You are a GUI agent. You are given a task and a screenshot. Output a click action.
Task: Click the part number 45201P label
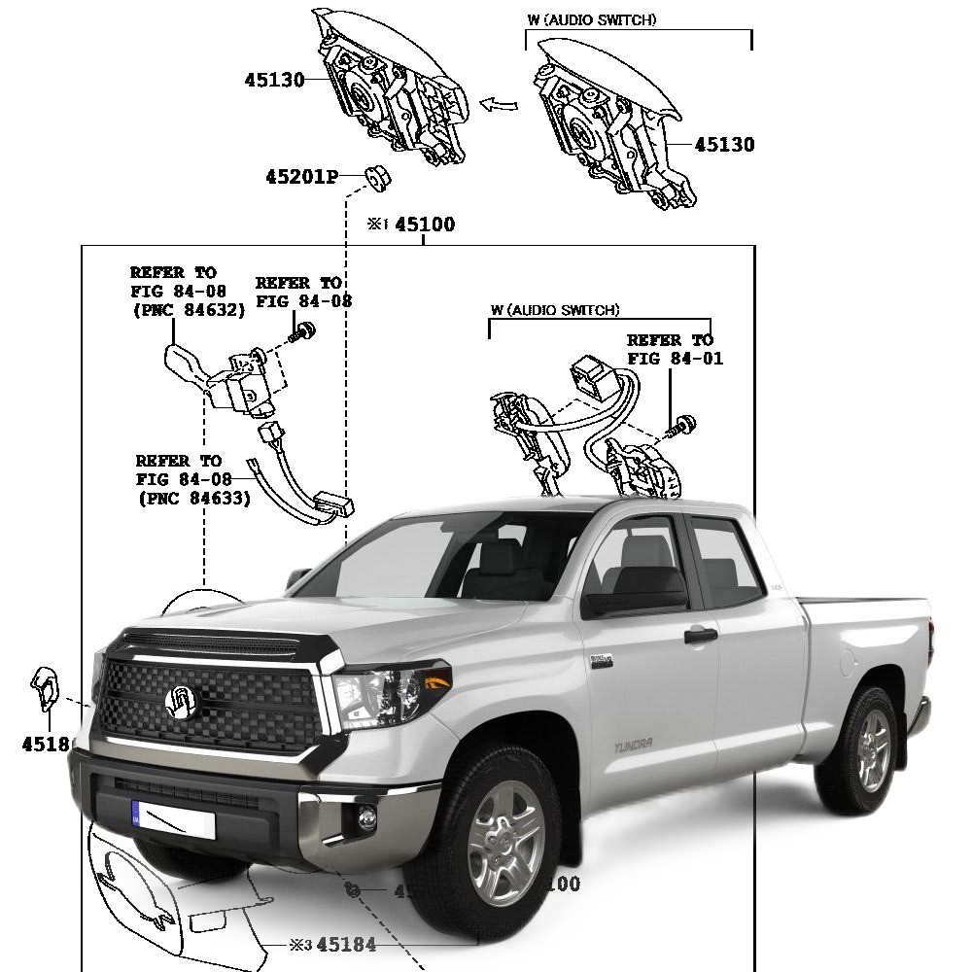click(x=300, y=177)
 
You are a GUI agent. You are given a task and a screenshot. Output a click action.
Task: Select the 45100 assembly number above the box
click(x=424, y=225)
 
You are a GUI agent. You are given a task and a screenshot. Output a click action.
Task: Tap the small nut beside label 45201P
click(x=374, y=176)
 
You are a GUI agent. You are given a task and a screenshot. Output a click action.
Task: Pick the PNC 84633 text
click(x=193, y=498)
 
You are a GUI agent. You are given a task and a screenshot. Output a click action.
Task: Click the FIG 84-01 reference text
click(x=675, y=358)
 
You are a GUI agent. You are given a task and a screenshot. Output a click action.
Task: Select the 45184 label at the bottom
click(x=346, y=944)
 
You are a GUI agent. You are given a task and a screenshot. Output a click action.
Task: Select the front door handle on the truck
click(x=700, y=636)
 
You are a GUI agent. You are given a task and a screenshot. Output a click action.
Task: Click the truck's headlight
click(x=389, y=690)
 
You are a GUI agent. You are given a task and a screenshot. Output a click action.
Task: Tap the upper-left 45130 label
click(x=274, y=80)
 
